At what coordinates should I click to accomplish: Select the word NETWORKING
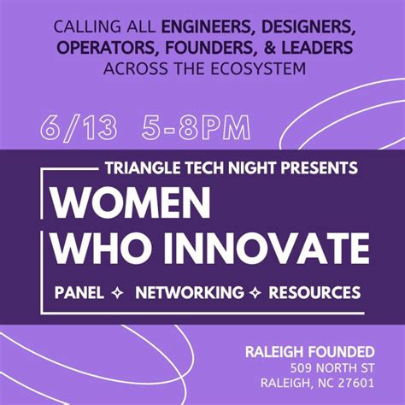[189, 293]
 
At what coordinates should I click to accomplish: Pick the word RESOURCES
[314, 293]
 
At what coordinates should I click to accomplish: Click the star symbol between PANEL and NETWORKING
[117, 293]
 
